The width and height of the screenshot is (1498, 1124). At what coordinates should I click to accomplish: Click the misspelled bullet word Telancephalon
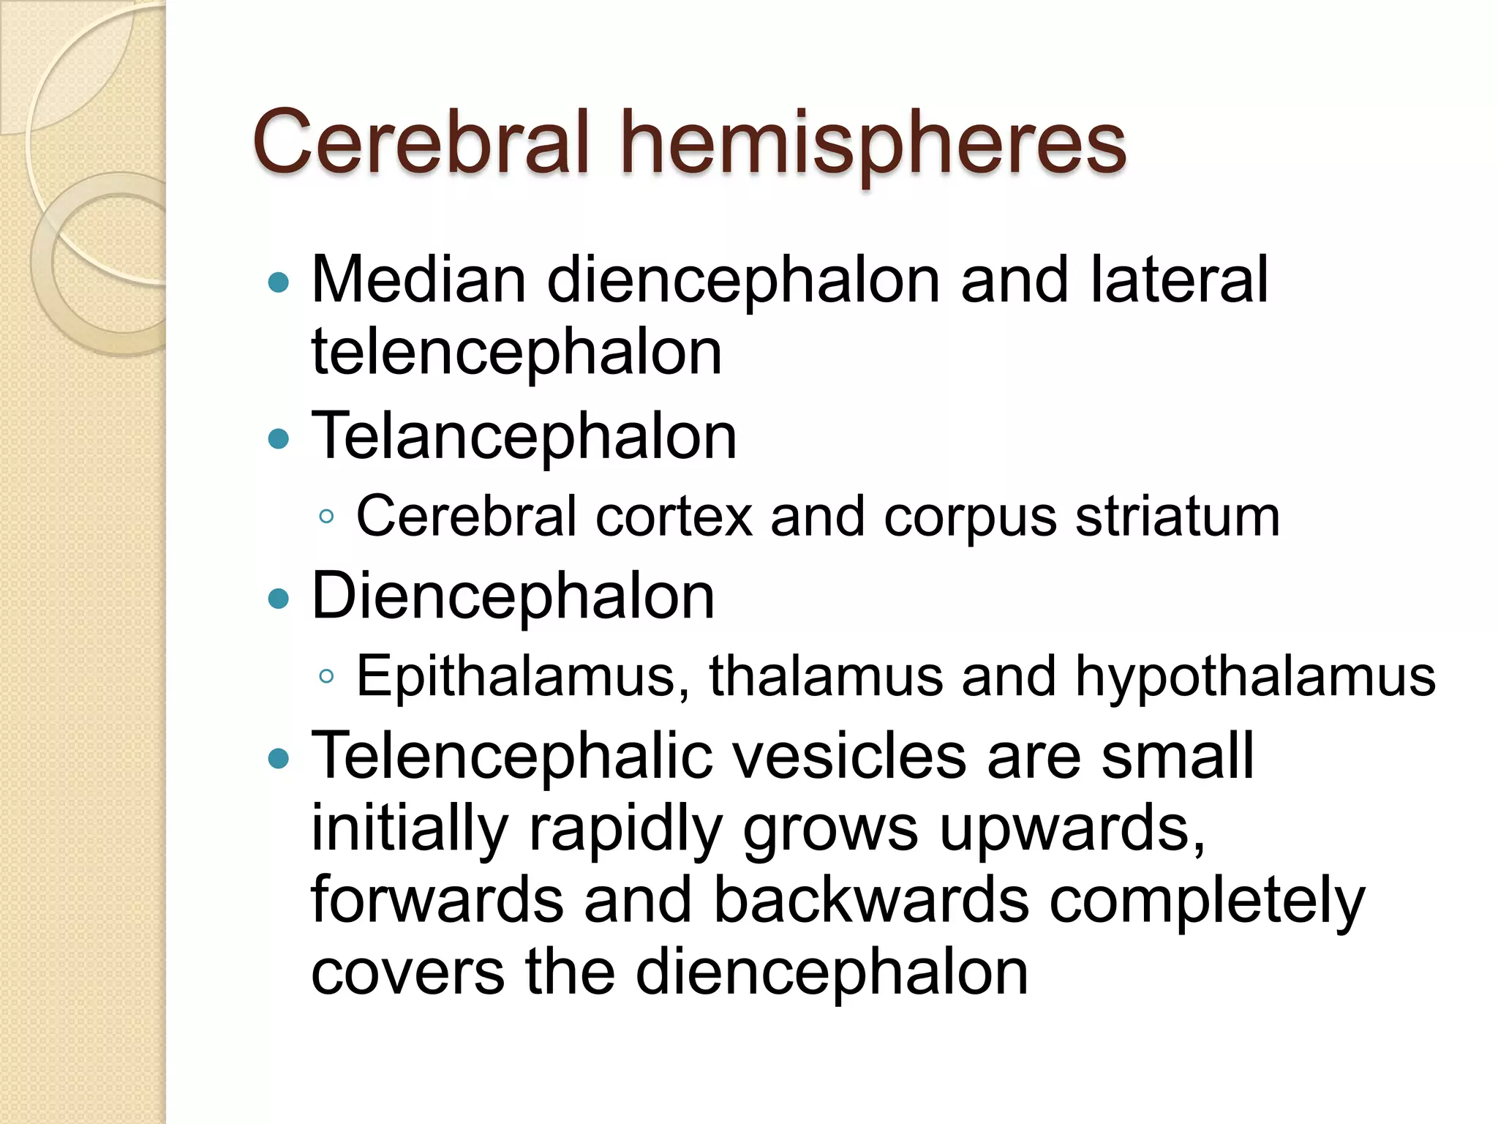point(524,438)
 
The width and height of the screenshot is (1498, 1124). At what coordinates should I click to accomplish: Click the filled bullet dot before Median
point(279,282)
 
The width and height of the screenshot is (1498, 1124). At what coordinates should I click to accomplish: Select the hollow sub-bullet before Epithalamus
point(326,677)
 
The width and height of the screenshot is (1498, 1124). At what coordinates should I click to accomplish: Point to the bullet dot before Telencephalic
point(279,759)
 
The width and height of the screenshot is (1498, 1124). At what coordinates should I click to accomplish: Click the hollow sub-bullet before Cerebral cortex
point(326,517)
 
